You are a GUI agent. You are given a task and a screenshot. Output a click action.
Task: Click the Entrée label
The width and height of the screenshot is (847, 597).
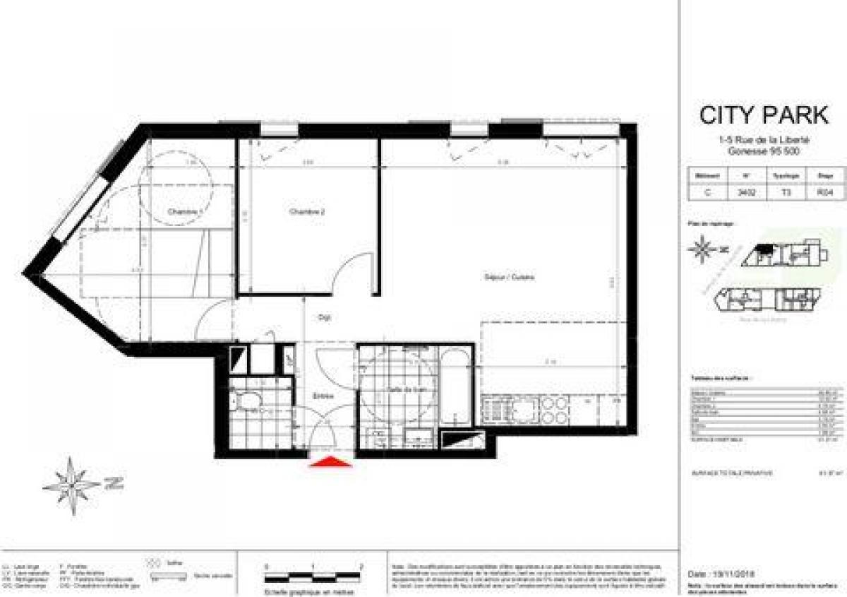323,396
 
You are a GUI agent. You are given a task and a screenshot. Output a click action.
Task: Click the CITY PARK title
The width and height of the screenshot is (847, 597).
764,114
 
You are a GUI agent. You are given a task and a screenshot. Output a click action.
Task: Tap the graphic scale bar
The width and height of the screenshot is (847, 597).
313,573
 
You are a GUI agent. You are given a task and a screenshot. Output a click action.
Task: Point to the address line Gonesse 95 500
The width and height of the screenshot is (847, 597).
764,151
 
